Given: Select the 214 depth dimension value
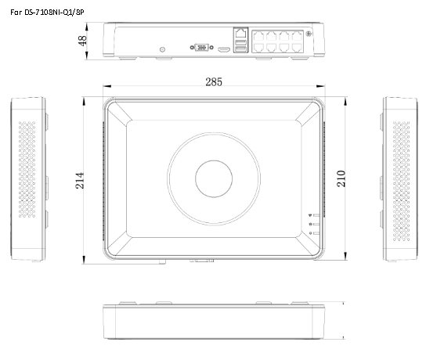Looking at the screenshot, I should click(x=80, y=181).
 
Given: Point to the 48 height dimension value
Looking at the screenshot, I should click(x=82, y=41).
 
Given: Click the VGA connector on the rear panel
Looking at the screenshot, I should click(x=200, y=48).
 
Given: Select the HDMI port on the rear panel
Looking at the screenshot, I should click(x=223, y=49).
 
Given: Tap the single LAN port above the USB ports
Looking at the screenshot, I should click(x=239, y=34).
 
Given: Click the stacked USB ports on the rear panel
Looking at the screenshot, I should click(x=239, y=48).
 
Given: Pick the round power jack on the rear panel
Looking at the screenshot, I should click(x=162, y=48).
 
